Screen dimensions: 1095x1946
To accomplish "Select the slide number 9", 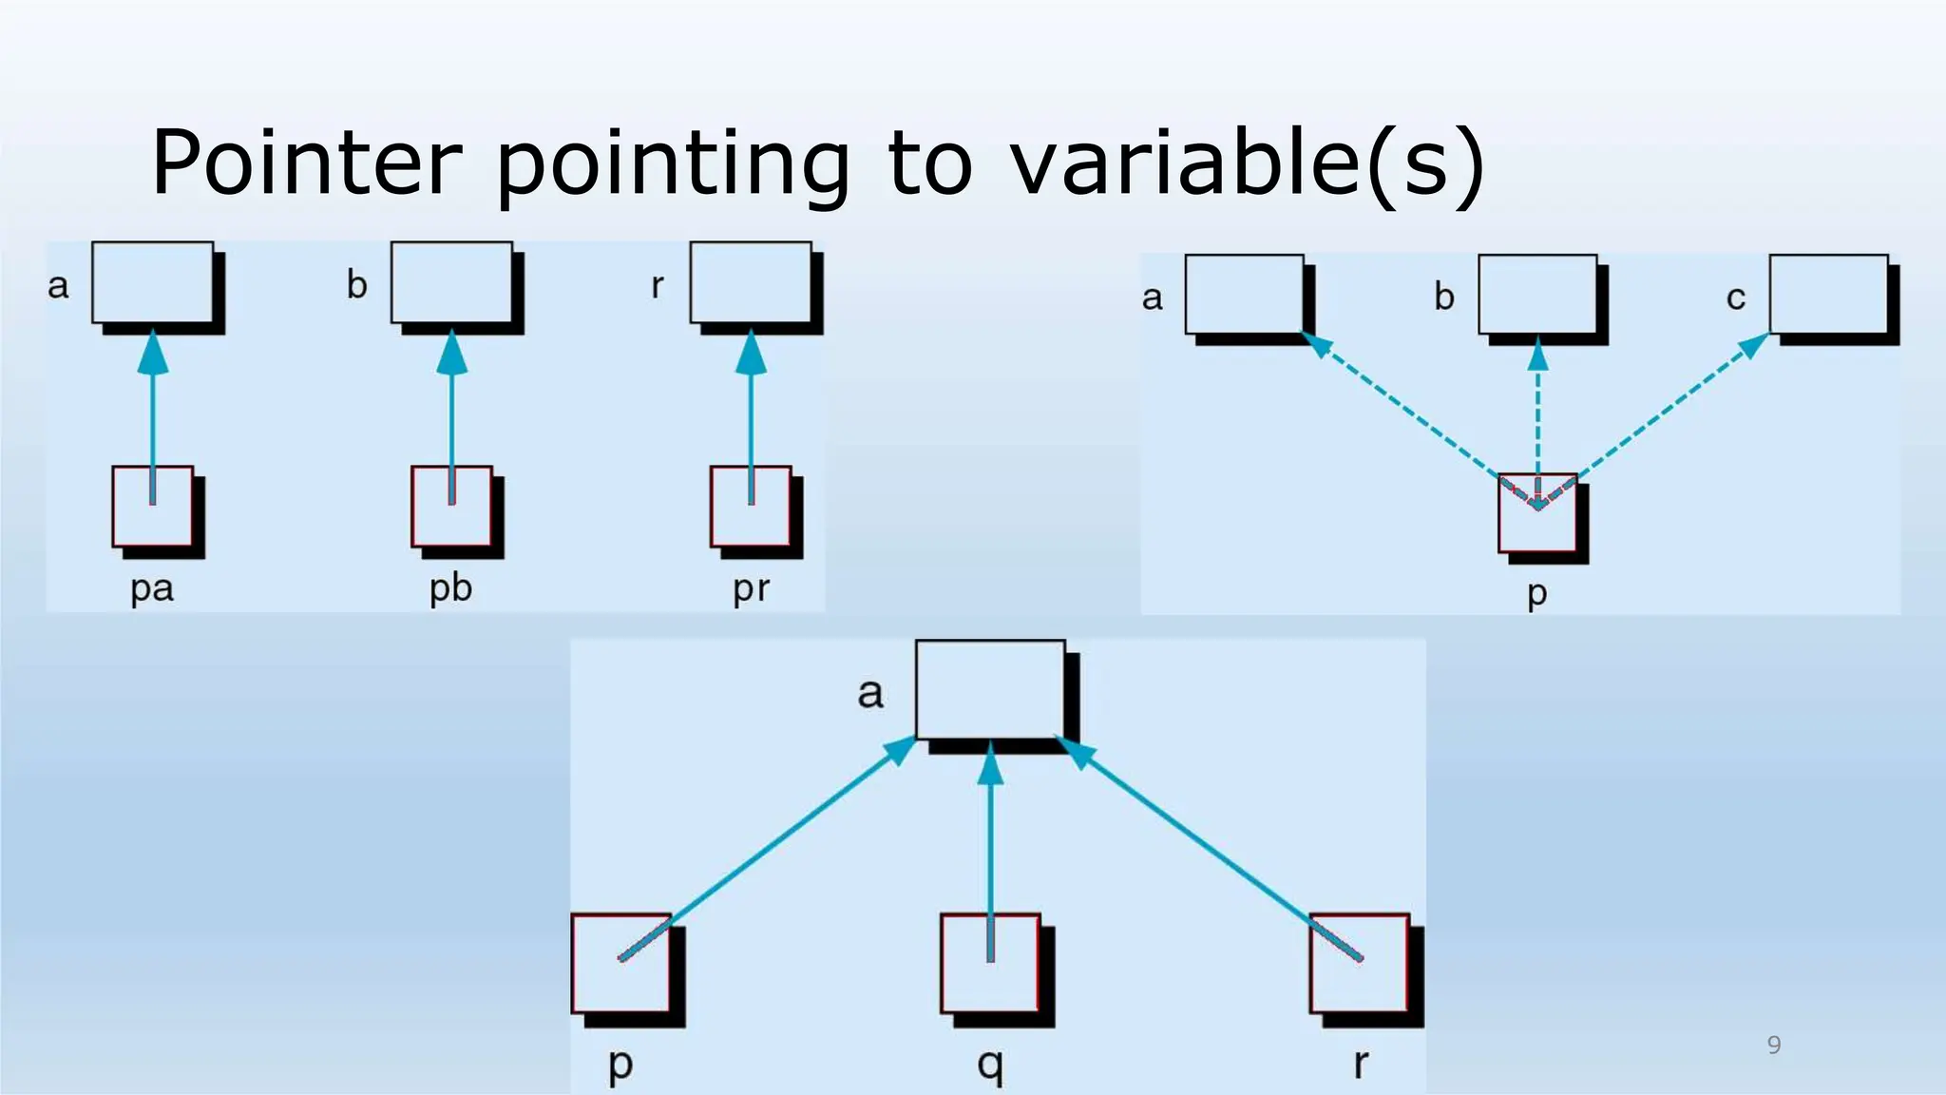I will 1773,1045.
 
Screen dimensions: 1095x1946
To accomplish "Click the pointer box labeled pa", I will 153,507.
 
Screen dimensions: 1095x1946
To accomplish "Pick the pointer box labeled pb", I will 451,507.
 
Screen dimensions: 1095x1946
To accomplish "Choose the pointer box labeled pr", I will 751,507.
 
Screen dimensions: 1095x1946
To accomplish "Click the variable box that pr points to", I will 751,282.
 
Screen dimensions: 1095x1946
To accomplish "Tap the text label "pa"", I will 152,588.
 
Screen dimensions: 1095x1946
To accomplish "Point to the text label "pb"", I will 450,588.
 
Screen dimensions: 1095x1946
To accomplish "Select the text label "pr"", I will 751,589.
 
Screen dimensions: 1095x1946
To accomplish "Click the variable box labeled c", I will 1828,294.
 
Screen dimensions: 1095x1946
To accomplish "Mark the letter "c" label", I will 1736,298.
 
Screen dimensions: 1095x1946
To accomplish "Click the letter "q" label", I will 990,1065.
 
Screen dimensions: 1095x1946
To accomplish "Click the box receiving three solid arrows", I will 990,688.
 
